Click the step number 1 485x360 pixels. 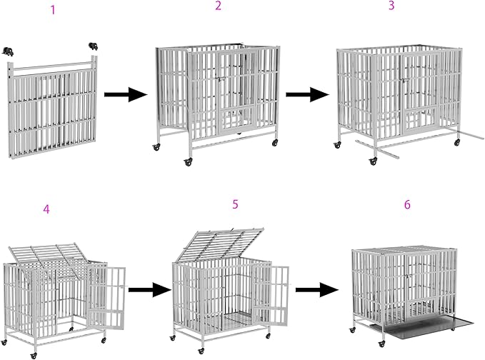(51, 10)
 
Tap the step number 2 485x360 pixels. (218, 6)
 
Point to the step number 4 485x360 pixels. (46, 209)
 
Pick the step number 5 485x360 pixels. (235, 204)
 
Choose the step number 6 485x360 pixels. (407, 204)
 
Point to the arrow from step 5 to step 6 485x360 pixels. (317, 290)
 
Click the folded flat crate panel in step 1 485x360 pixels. (51, 111)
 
